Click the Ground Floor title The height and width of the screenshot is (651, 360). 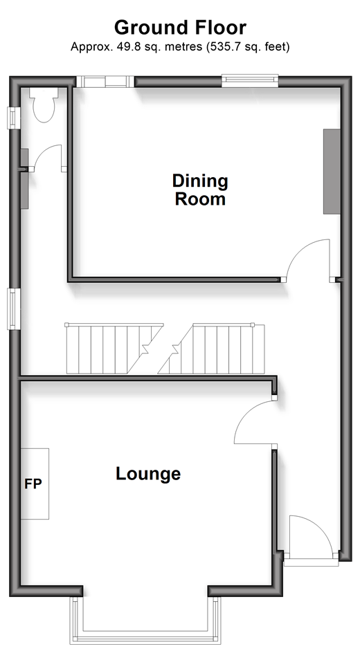(180, 28)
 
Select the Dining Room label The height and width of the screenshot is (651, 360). (200, 190)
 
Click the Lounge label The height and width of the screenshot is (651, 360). (148, 474)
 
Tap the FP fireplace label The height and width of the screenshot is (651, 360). (33, 484)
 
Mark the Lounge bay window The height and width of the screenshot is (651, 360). (145, 620)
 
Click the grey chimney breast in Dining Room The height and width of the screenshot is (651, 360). (332, 172)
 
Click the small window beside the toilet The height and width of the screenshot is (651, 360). (14, 118)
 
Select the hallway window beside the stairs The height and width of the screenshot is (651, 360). (14, 309)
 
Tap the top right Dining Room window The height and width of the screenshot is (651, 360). (250, 80)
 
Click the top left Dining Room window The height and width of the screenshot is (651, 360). (105, 81)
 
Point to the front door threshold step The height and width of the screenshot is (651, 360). (312, 563)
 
